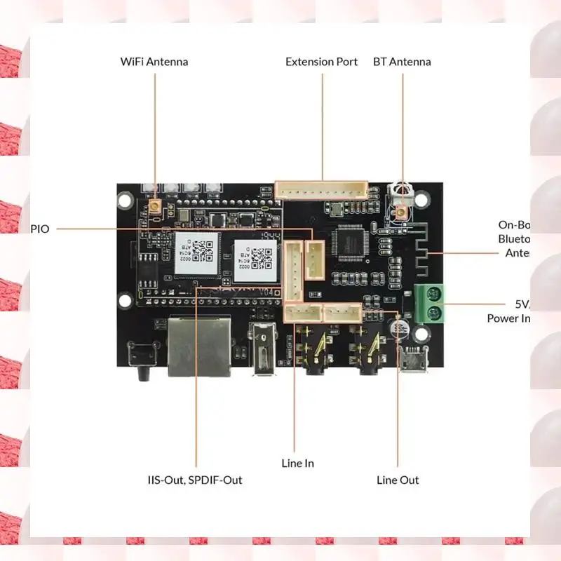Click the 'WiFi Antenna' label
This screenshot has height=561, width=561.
click(x=154, y=62)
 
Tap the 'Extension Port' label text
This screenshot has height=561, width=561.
click(x=321, y=62)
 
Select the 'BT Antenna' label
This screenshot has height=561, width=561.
click(x=402, y=62)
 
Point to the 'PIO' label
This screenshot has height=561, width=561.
click(x=40, y=229)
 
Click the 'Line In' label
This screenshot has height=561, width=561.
click(x=298, y=464)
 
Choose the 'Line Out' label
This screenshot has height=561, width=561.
click(x=398, y=480)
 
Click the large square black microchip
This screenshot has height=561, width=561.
click(x=350, y=242)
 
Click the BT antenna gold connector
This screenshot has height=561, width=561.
click(x=402, y=212)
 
